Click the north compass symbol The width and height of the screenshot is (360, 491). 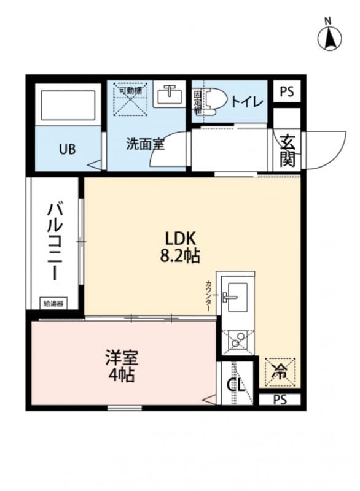click(329, 37)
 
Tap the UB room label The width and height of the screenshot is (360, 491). click(68, 149)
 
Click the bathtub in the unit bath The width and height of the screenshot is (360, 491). click(67, 107)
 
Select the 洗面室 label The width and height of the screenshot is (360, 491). click(145, 145)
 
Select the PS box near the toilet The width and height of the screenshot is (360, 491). click(286, 92)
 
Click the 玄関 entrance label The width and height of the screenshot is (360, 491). click(288, 150)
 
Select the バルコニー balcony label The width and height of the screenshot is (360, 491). click(54, 241)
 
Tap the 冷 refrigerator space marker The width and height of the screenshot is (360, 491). click(281, 371)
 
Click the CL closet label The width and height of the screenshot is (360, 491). click(236, 385)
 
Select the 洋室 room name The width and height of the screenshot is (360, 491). click(121, 357)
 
